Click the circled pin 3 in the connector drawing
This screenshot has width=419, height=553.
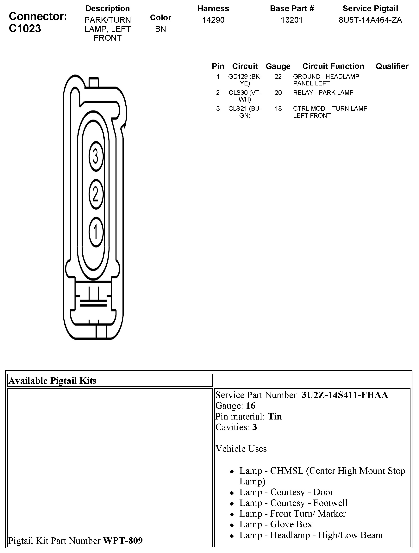96,157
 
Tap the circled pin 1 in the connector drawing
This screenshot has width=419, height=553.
96,232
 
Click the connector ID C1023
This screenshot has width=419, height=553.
25,28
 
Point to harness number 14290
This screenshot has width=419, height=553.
213,20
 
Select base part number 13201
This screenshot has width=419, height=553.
291,20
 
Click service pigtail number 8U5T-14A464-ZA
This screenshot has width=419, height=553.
370,20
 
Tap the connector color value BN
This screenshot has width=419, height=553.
160,29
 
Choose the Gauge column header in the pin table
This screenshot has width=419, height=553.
278,66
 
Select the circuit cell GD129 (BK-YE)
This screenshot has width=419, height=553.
245,80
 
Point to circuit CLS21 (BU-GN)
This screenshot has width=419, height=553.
245,112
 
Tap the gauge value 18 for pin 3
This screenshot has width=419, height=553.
278,109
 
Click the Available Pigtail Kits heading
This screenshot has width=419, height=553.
53,381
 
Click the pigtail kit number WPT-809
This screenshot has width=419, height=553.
123,540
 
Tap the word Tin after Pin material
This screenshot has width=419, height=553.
275,417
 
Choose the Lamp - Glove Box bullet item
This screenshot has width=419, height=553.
276,524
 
